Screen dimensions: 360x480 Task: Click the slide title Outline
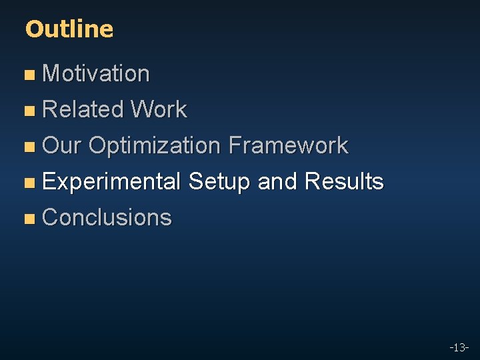pos(69,29)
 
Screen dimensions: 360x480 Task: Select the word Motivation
pos(95,73)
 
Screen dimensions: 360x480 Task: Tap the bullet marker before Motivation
pos(28,75)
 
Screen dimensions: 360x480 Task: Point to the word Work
pos(159,109)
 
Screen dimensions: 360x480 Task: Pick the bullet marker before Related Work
pos(28,111)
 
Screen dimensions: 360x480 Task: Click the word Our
pos(61,145)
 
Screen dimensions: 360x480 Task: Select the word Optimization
pos(154,145)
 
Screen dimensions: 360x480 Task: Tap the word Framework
pos(287,145)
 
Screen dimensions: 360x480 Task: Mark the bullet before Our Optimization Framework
pos(28,147)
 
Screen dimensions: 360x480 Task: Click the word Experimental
pos(111,181)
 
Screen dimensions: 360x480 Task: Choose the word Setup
pos(219,181)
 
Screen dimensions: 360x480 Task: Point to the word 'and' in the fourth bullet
pos(277,181)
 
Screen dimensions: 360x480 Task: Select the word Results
pos(344,181)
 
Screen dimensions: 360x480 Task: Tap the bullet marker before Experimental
pos(28,183)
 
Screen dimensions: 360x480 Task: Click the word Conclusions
pos(107,217)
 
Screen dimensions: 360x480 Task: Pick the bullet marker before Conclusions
pos(28,219)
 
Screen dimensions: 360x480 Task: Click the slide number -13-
pos(459,347)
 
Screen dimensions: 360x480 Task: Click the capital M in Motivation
pos(51,73)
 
